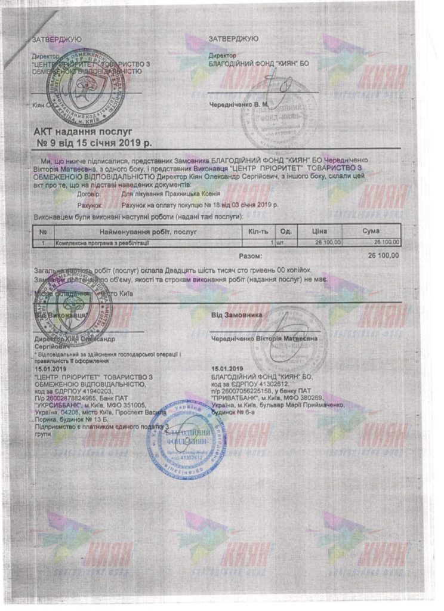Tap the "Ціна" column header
[320, 231]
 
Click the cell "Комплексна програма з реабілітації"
[102, 243]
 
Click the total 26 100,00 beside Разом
[382, 256]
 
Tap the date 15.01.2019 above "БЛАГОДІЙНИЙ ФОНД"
[227, 369]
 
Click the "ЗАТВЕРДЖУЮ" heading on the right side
[234, 39]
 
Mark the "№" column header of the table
[43, 231]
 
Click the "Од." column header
[285, 231]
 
